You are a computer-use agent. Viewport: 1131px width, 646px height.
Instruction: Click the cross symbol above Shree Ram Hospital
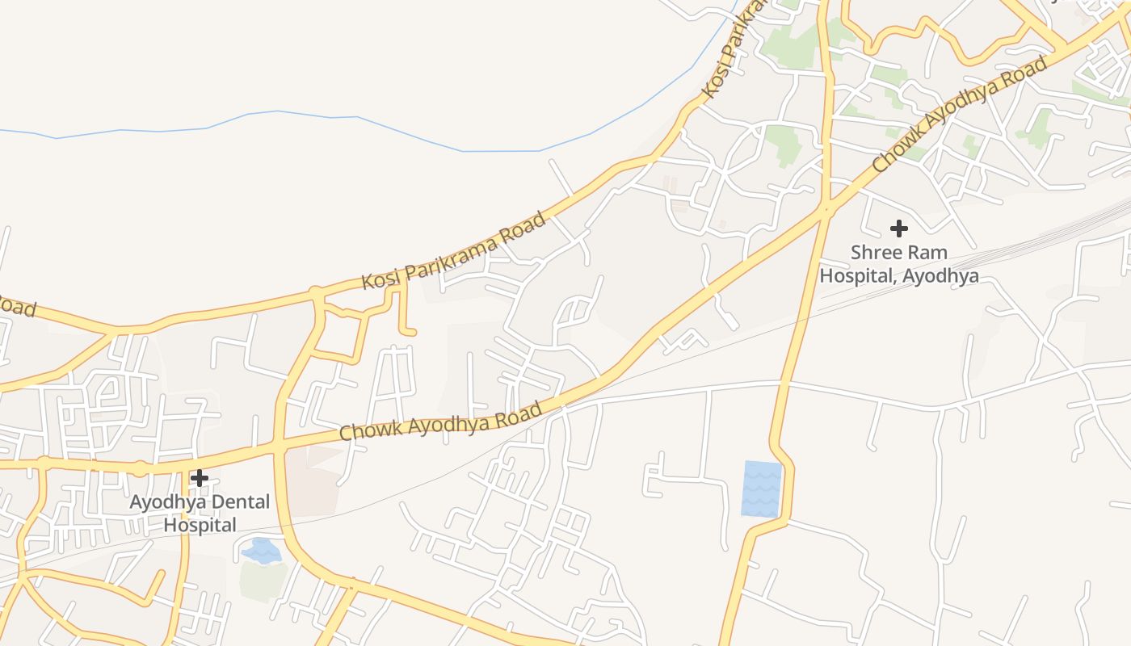[x=898, y=229]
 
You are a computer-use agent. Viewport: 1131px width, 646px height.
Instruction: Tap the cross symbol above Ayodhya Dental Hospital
[x=200, y=478]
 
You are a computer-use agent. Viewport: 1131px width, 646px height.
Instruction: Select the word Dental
[x=235, y=502]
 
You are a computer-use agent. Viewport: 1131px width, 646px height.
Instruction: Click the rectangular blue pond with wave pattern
[x=762, y=489]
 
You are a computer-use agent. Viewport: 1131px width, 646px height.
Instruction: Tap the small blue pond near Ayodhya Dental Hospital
[x=262, y=551]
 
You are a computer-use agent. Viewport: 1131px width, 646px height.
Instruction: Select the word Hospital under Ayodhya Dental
[x=200, y=525]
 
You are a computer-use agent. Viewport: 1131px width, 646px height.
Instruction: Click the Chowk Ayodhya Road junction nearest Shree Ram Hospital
[x=825, y=210]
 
